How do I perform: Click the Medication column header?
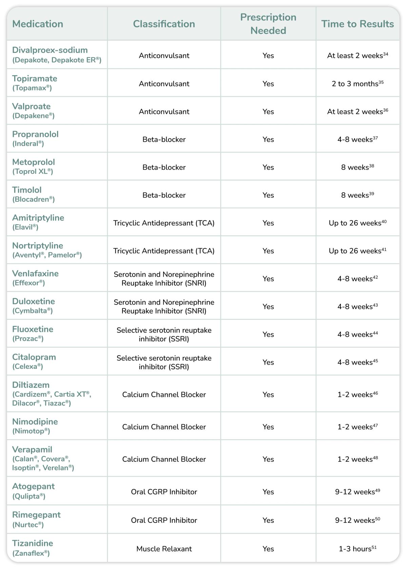point(38,24)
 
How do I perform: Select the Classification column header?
point(164,24)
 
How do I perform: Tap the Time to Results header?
point(357,24)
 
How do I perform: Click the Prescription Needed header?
point(268,24)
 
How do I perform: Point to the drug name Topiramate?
point(35,78)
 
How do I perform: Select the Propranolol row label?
point(35,134)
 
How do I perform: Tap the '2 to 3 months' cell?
point(357,84)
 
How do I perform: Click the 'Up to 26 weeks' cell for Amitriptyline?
point(357,223)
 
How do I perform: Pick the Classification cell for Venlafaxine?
point(164,278)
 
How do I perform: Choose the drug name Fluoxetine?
point(33,329)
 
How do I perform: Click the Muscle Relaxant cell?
point(164,549)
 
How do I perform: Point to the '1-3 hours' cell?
point(357,549)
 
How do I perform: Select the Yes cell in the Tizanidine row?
point(268,549)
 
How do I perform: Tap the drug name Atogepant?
point(33,486)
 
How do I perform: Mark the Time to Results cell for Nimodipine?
point(357,427)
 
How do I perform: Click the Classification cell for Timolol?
point(164,195)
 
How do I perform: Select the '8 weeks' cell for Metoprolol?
point(357,167)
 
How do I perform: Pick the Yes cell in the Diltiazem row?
point(268,394)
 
